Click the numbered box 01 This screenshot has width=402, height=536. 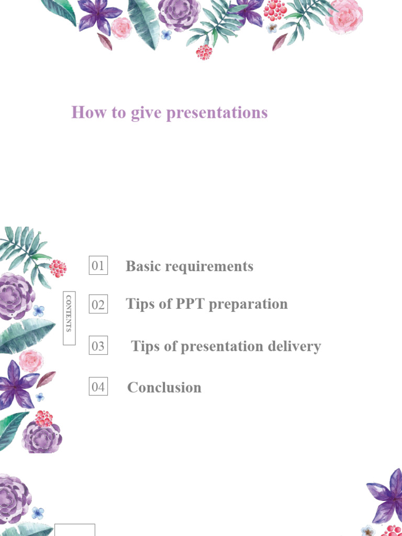(x=98, y=266)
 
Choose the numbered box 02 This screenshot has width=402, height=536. (x=98, y=305)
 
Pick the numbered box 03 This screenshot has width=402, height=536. (x=98, y=346)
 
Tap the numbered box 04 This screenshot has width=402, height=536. (x=98, y=387)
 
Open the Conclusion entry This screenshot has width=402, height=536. (x=164, y=387)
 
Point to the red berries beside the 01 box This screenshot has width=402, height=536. (x=58, y=268)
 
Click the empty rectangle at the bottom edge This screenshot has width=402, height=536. (x=75, y=530)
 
